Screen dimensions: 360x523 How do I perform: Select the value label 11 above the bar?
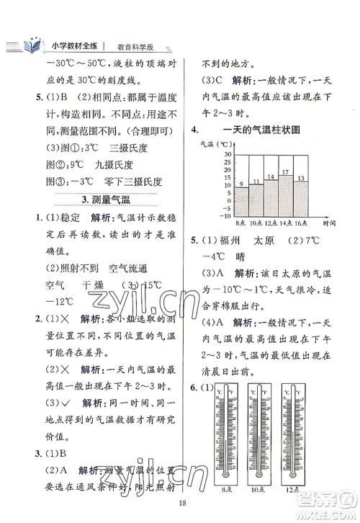[x=256, y=182]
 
